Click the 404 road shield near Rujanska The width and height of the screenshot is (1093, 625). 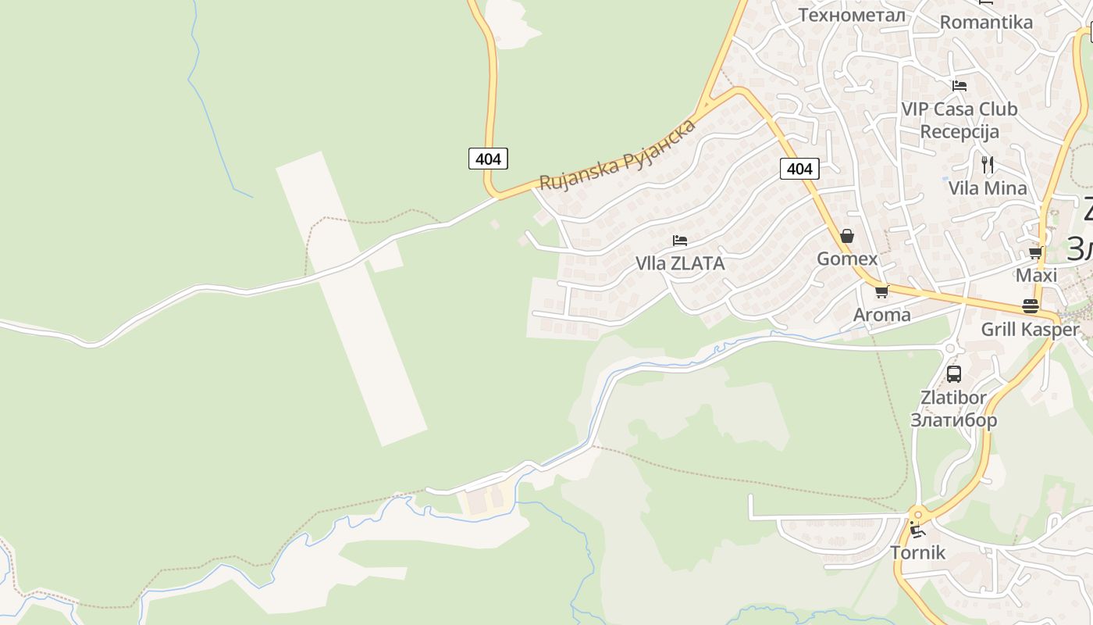click(x=488, y=159)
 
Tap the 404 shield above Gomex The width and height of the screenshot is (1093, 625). click(x=799, y=169)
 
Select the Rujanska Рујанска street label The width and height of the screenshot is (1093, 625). click(x=618, y=155)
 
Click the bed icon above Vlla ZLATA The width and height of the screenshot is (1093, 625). click(x=680, y=240)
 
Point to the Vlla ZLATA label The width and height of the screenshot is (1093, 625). click(x=680, y=263)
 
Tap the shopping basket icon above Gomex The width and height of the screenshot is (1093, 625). click(x=847, y=236)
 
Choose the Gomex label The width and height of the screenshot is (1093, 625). click(x=847, y=259)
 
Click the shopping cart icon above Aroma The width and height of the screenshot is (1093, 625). click(x=881, y=292)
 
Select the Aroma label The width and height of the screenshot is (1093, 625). click(x=881, y=315)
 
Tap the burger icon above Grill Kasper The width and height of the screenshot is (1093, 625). click(x=1031, y=306)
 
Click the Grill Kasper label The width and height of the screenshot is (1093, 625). click(x=1030, y=329)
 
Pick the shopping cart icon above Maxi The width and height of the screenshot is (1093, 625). click(x=1036, y=252)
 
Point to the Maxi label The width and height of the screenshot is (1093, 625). click(x=1036, y=275)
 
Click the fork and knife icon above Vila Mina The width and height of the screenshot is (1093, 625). click(x=988, y=164)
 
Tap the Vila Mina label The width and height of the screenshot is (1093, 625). click(x=988, y=187)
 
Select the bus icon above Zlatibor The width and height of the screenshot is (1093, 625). click(x=953, y=374)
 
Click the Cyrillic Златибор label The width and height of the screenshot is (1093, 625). click(x=953, y=420)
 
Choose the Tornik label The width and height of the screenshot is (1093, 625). click(x=918, y=553)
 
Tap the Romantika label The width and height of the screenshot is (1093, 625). click(x=986, y=22)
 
